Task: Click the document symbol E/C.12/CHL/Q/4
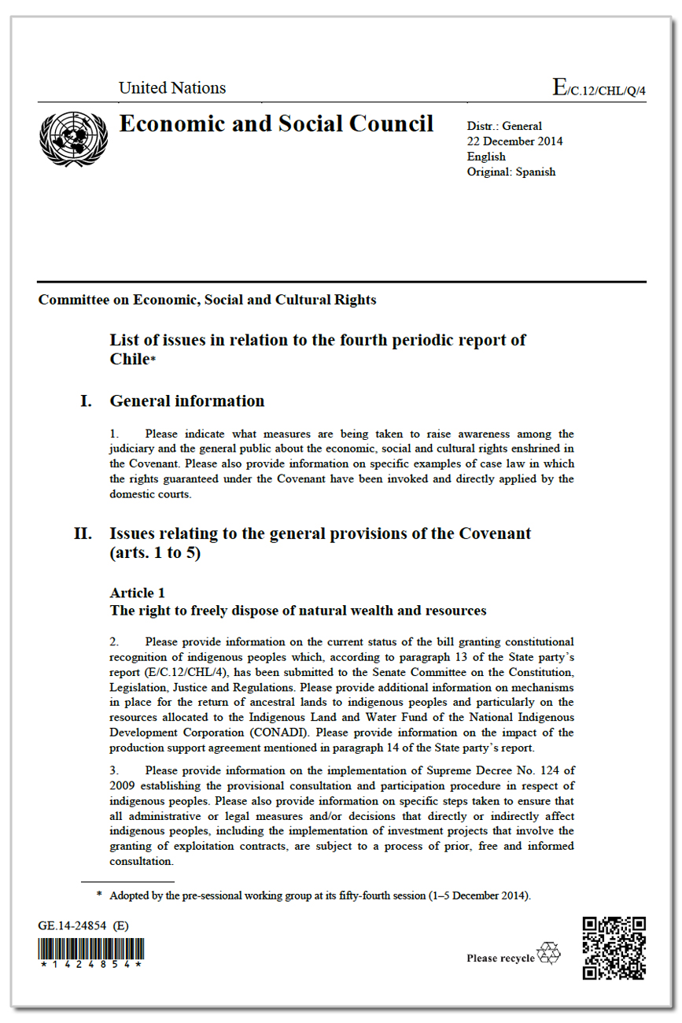[x=599, y=88]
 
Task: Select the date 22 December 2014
[x=514, y=142]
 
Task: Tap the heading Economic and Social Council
[x=276, y=124]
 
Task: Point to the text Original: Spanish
[x=511, y=172]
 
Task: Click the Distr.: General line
[x=504, y=126]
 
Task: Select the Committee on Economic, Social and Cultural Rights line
[x=208, y=300]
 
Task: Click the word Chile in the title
[x=129, y=360]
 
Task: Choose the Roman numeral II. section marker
[x=83, y=534]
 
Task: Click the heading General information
[x=187, y=401]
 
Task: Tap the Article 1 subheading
[x=137, y=593]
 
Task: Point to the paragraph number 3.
[x=114, y=770]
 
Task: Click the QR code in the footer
[x=614, y=947]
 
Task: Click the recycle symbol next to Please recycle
[x=549, y=954]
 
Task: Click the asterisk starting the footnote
[x=100, y=895]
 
